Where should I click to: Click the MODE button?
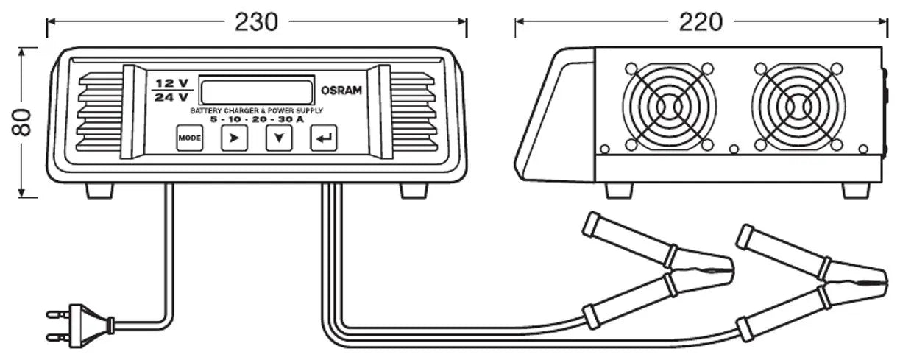189,138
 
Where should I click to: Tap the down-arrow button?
279,138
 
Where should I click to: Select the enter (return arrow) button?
323,138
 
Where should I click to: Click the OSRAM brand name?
341,91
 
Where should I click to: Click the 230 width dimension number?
256,22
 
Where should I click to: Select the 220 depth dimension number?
701,22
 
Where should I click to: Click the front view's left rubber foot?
99,191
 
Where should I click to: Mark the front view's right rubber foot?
413,191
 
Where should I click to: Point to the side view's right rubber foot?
856,190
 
